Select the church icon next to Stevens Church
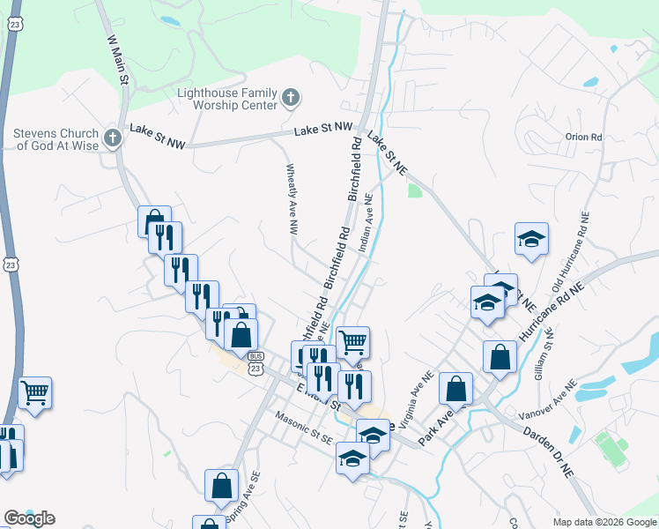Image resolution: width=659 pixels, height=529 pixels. coord(111,138)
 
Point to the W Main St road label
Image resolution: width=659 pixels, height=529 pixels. coord(118,59)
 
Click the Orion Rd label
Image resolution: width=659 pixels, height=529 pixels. coord(583,138)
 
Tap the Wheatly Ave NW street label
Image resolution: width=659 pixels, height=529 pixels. coord(291,198)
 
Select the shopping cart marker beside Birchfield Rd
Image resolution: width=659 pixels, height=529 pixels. coord(352,340)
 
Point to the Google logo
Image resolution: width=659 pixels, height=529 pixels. coord(29,518)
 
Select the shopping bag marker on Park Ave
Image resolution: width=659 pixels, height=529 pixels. coord(455,387)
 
